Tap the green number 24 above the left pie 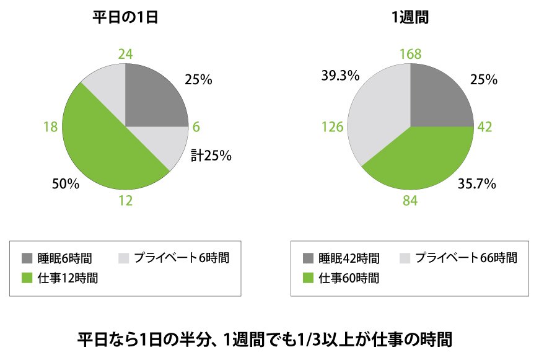pyautogui.click(x=125, y=54)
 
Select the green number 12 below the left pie pyautogui.click(x=125, y=201)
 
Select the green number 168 pyautogui.click(x=410, y=54)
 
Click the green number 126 pyautogui.click(x=332, y=127)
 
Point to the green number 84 pyautogui.click(x=410, y=201)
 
